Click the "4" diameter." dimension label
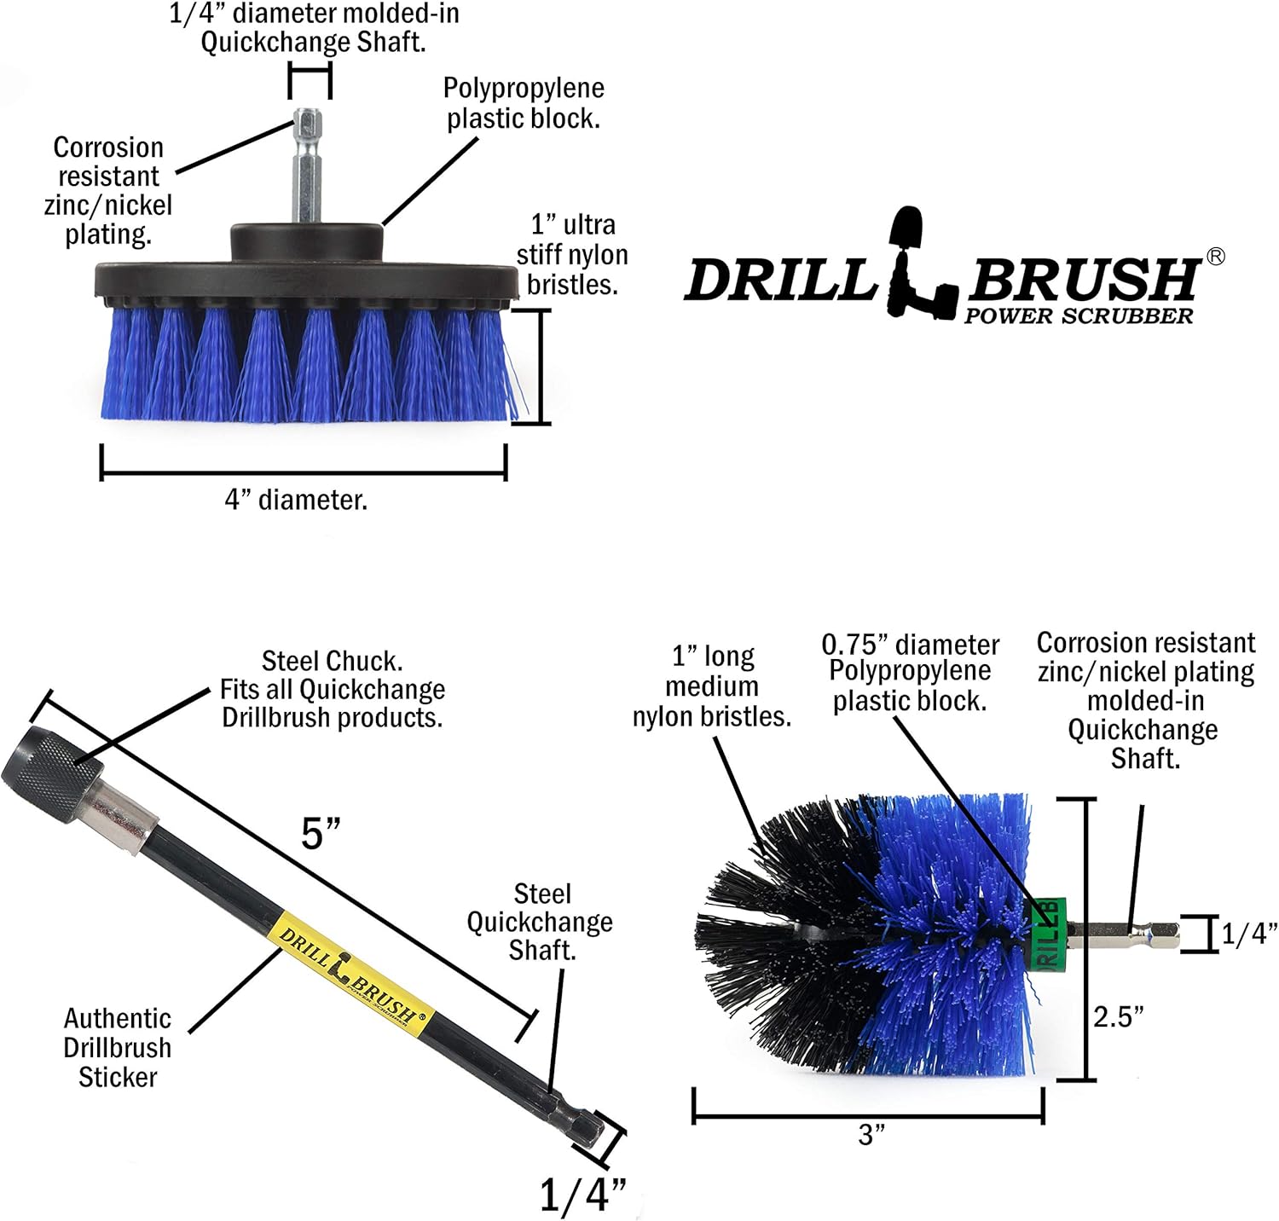[x=296, y=500]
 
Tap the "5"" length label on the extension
[x=321, y=833]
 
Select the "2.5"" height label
[x=1118, y=1016]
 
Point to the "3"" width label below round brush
[x=871, y=1135]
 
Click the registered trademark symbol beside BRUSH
[x=1216, y=256]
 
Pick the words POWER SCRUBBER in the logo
[x=1079, y=316]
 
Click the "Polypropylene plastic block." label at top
[x=523, y=103]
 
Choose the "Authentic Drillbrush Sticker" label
[x=117, y=1048]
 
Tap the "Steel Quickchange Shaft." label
[x=541, y=922]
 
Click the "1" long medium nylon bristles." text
[x=712, y=686]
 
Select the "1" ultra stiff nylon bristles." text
[x=572, y=255]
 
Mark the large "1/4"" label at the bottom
[x=582, y=1195]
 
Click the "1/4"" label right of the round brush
[x=1248, y=934]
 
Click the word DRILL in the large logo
[x=780, y=279]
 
